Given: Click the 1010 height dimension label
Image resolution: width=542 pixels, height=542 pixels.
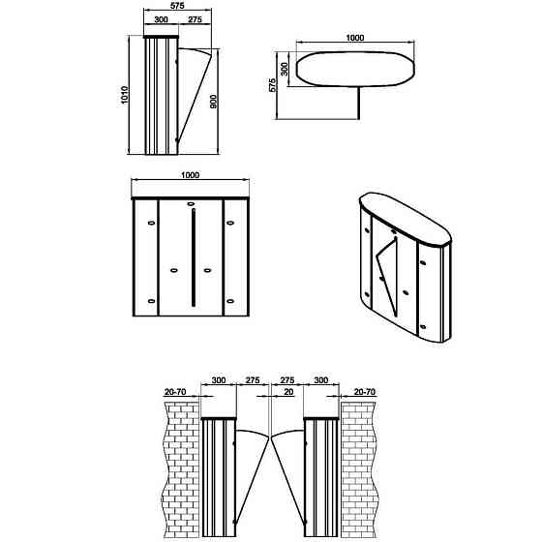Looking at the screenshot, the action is [x=125, y=95].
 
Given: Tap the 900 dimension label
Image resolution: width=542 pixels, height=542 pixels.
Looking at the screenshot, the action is [x=214, y=102].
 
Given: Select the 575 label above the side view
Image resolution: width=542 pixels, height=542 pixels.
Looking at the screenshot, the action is [x=177, y=6].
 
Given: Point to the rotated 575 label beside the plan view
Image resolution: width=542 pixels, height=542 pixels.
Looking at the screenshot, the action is [x=272, y=85].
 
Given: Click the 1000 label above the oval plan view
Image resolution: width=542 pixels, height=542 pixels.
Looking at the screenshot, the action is [x=355, y=38].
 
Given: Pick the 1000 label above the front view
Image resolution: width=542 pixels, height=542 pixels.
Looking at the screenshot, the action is [x=190, y=175].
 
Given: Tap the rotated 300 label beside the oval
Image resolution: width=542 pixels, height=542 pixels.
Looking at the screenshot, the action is [x=285, y=69].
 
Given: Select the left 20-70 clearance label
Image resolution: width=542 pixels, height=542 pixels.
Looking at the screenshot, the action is [x=175, y=392].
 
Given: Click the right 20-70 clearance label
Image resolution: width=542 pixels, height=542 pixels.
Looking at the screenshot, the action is [x=365, y=392].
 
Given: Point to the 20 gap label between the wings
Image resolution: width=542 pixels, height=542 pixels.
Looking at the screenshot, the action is [x=288, y=392].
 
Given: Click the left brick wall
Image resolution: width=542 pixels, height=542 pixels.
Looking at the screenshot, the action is [x=181, y=469].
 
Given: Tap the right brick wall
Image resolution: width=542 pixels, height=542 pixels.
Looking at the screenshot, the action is [x=359, y=469].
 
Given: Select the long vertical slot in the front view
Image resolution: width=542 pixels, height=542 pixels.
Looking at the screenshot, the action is [x=194, y=257].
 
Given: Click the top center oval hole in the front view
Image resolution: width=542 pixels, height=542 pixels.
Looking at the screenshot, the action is [x=191, y=204].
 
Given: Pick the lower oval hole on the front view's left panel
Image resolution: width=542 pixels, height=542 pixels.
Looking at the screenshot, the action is [x=151, y=301].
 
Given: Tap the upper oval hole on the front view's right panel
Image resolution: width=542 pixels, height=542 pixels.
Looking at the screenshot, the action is [x=230, y=223].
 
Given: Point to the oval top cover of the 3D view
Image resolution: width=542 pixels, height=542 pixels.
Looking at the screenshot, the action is [x=406, y=219].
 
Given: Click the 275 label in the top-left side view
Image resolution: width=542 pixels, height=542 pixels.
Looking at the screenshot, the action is [x=195, y=19].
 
